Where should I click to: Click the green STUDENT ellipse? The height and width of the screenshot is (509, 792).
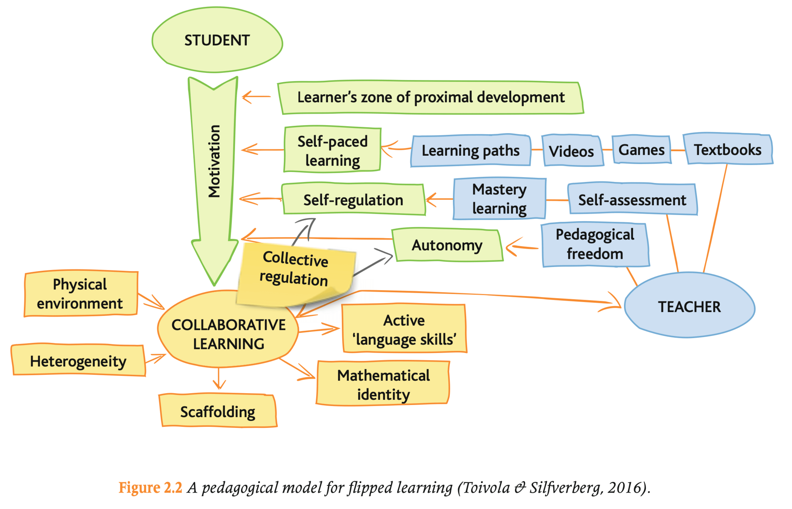point(217,40)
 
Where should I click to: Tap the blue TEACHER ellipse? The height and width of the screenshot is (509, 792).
point(689,306)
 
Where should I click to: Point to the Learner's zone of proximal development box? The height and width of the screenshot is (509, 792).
point(431,97)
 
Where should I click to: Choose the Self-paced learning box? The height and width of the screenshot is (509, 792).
point(332,150)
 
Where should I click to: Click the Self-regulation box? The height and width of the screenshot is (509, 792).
point(353,199)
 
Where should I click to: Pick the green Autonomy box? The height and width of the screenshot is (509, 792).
point(447,245)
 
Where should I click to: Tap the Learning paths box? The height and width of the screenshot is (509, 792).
point(471,150)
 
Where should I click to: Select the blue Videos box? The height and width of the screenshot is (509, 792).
point(571,151)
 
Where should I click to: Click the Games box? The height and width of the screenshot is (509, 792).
point(641,150)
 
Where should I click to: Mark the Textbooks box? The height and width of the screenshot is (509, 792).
point(728,149)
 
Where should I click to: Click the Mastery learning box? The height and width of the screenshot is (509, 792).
point(499,199)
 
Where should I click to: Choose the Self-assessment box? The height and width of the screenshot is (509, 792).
point(632,199)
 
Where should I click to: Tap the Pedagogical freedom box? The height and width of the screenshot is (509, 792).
point(595,244)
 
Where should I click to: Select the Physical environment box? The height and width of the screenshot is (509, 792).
point(80,294)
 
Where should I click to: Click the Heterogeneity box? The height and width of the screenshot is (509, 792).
point(78,361)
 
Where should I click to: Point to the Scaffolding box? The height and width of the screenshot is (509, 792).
point(218,411)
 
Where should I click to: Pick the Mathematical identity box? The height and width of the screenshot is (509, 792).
point(383,384)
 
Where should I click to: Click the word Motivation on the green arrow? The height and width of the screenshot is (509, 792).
point(214,161)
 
